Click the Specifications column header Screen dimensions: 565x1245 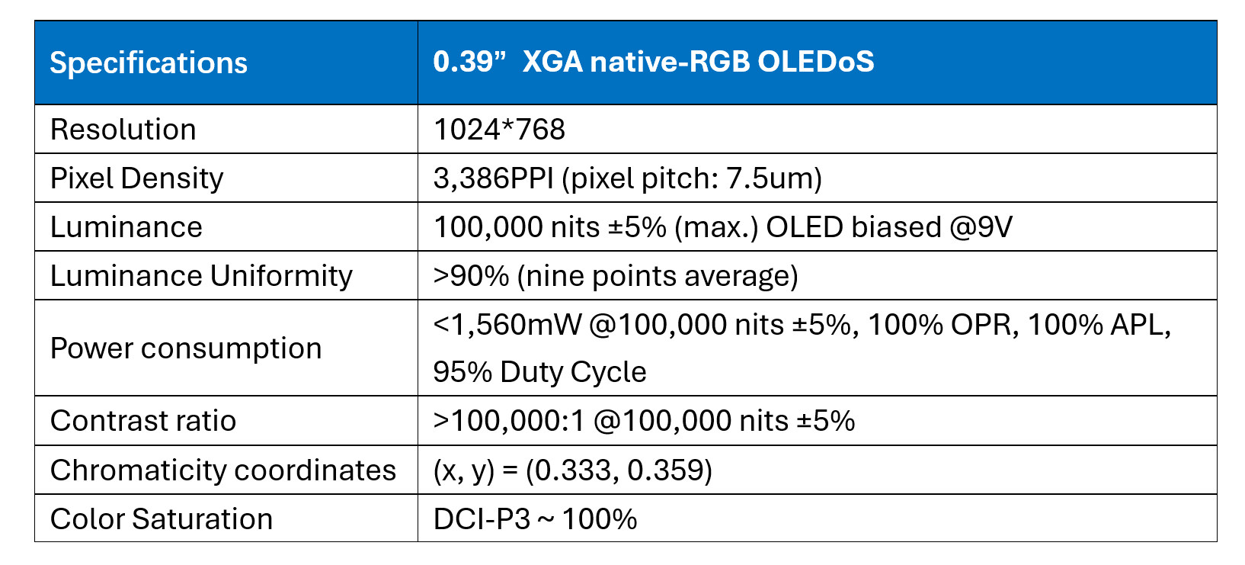149,63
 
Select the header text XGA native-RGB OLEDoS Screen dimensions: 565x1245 698,61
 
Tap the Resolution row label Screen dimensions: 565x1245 123,130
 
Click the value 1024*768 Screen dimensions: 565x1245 499,130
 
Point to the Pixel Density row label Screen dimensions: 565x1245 136,178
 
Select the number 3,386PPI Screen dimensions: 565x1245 493,178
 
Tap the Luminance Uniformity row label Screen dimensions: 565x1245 201,276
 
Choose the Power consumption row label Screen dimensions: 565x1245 185,348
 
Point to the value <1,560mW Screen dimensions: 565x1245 507,325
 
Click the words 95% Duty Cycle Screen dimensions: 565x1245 539,372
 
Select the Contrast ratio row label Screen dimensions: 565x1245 142,421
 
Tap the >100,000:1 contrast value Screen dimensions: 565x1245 508,421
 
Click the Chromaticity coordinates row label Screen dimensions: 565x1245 222,470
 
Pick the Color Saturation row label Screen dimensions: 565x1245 161,519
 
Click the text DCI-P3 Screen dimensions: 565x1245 482,519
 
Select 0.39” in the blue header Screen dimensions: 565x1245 469,61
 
